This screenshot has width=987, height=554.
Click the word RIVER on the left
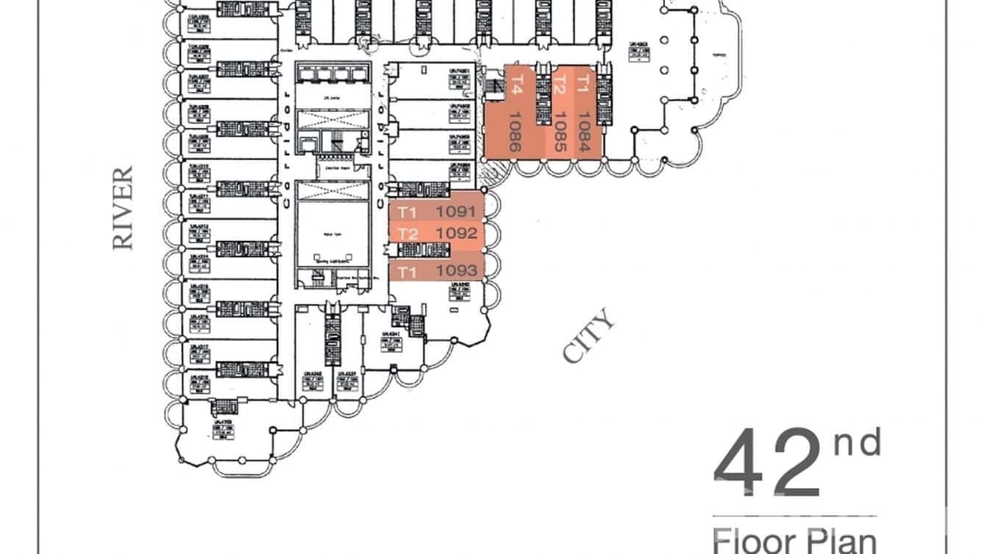(124, 207)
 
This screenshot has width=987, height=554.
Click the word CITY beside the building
(588, 337)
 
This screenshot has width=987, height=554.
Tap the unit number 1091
(458, 212)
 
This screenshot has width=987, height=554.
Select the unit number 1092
(458, 234)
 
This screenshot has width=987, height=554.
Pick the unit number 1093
(458, 270)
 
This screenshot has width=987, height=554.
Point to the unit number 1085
(559, 131)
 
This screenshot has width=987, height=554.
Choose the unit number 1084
(584, 131)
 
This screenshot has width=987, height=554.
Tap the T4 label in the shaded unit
(516, 82)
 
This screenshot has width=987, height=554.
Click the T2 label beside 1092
(407, 234)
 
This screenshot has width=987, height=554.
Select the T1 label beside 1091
(407, 212)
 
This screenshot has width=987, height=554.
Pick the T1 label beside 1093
(407, 272)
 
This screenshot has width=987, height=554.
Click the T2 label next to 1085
(559, 84)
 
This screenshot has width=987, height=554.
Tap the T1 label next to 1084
(584, 82)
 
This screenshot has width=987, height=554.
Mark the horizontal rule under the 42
(794, 516)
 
